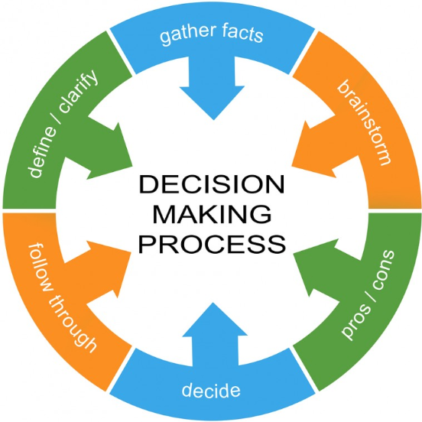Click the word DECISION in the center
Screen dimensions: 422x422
212,184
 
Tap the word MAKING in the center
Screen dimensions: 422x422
212,214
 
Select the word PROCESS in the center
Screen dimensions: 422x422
212,244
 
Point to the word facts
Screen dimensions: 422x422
242,33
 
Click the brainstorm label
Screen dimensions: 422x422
364,122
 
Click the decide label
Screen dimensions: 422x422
211,389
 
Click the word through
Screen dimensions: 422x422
71,323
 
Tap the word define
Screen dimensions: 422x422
43,153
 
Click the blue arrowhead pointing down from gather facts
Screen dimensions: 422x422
213,103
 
